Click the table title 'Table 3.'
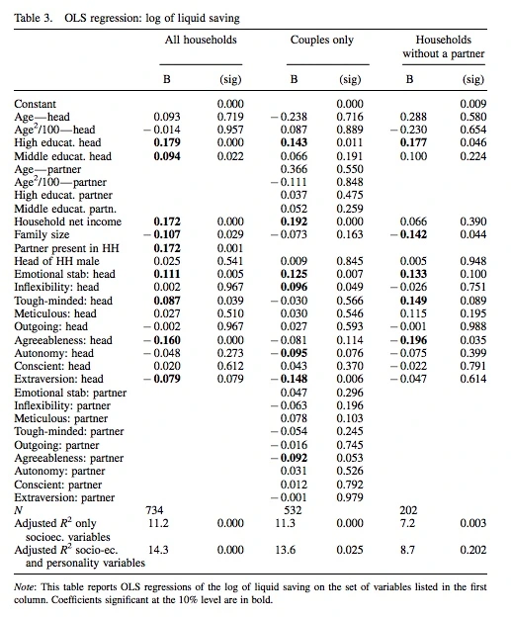pyautogui.click(x=34, y=18)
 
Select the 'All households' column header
pyautogui.click(x=201, y=40)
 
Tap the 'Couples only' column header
pyautogui.click(x=321, y=41)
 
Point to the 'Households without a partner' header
pyautogui.click(x=444, y=46)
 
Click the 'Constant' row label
pyautogui.click(x=36, y=104)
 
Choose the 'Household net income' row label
pyautogui.click(x=68, y=221)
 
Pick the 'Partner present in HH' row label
pyautogui.click(x=66, y=248)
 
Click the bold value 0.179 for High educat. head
pyautogui.click(x=167, y=142)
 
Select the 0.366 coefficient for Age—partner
pyautogui.click(x=294, y=169)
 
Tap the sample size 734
pyautogui.click(x=154, y=510)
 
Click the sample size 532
pyautogui.click(x=293, y=510)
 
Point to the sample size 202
pyautogui.click(x=408, y=510)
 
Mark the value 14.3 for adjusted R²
pyautogui.click(x=158, y=550)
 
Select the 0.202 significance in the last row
pyautogui.click(x=472, y=550)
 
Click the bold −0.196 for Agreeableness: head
pyautogui.click(x=408, y=340)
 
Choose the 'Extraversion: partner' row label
pyautogui.click(x=64, y=497)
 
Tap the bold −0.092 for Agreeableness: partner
pyautogui.click(x=289, y=458)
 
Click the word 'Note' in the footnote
pyautogui.click(x=24, y=587)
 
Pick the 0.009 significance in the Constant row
pyautogui.click(x=472, y=104)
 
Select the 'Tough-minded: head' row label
pyautogui.click(x=63, y=301)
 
